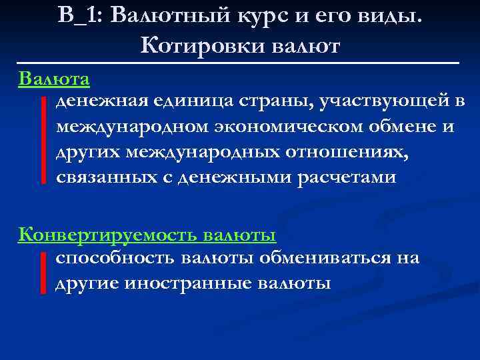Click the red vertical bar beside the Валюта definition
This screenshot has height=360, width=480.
(x=43, y=139)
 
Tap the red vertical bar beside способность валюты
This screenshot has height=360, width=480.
(x=43, y=272)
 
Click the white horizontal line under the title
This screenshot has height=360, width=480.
(x=239, y=62)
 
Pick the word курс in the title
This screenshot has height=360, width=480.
(x=258, y=15)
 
